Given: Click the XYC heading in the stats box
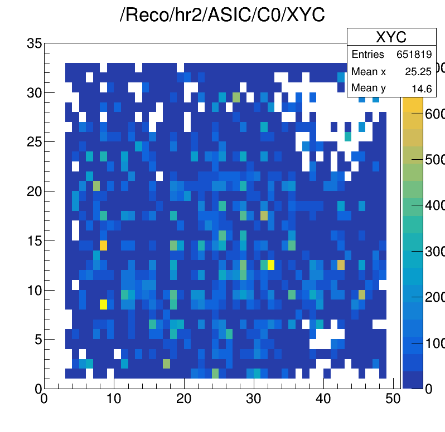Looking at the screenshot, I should pos(391,37).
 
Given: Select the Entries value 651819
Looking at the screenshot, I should pos(414,55).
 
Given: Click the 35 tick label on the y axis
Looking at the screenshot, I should pos(35,43).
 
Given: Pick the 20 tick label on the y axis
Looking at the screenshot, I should pos(35,191).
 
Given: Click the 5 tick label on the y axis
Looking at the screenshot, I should pos(38,339).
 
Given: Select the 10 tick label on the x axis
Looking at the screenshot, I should pos(114,399).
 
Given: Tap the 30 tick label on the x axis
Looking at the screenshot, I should pos(254,399).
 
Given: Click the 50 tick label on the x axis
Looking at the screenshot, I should pos(394,399).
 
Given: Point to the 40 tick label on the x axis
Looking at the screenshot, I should pos(324,399).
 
